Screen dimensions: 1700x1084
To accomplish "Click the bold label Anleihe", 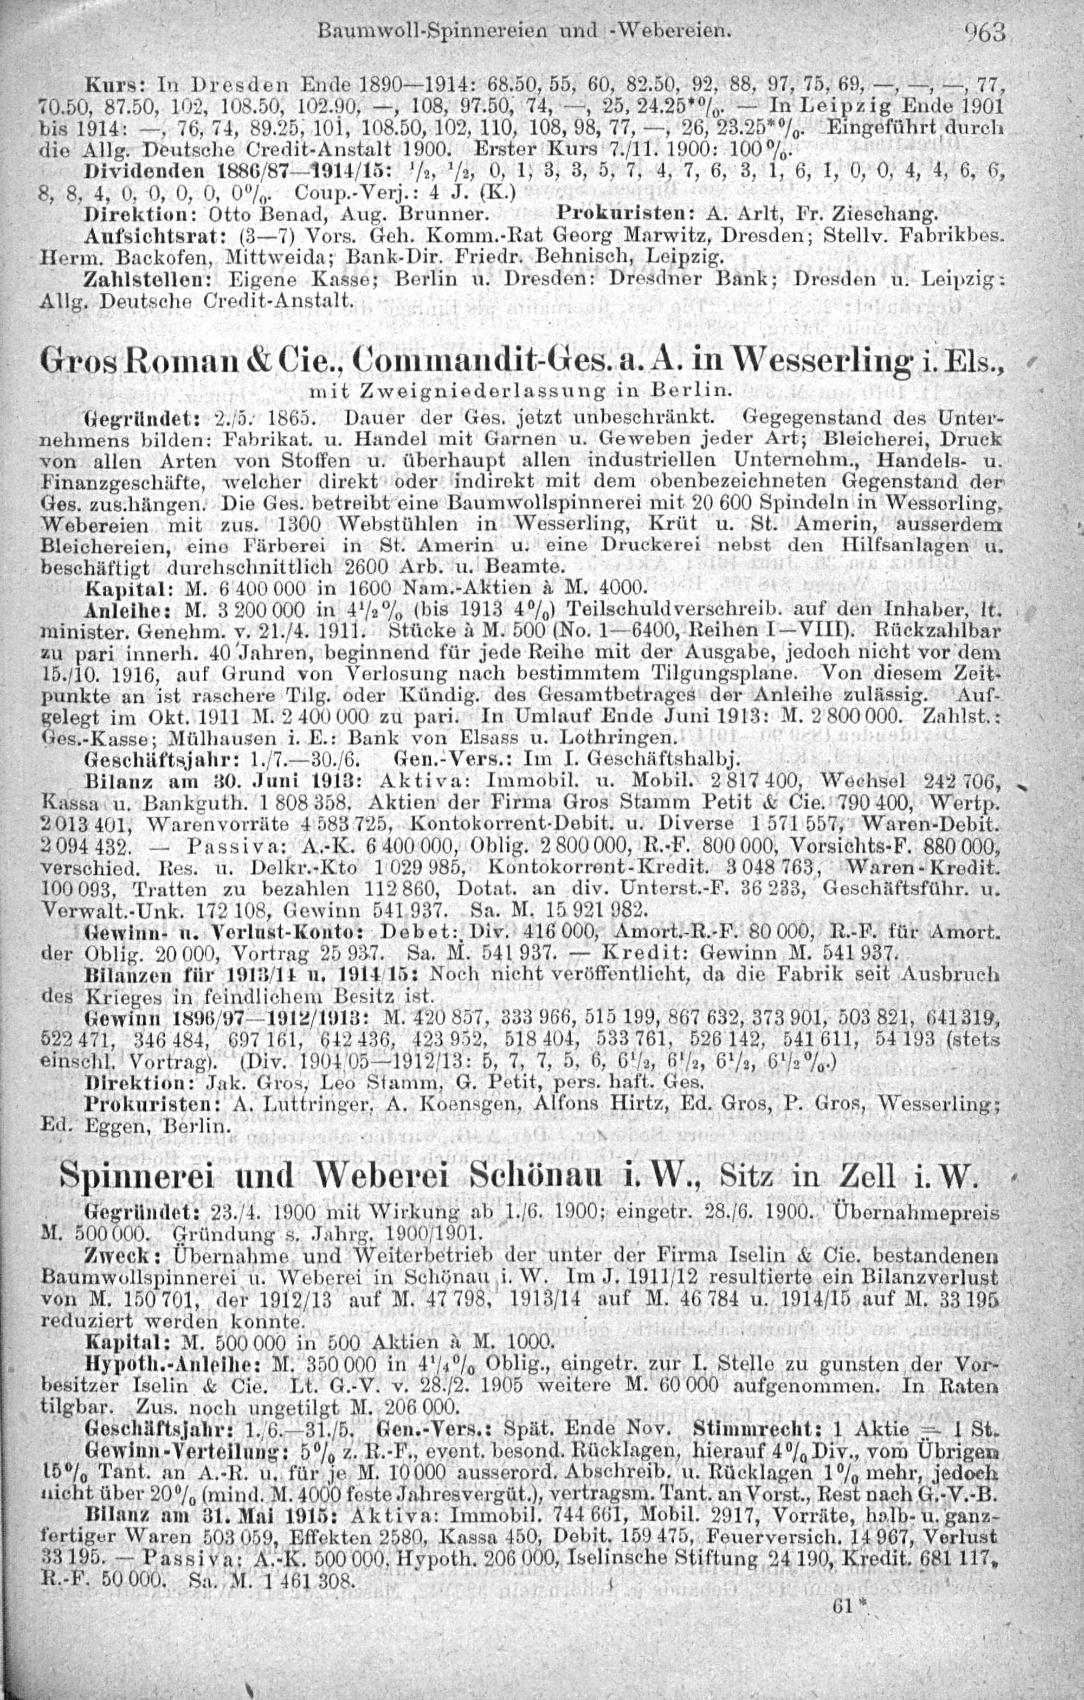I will click(x=117, y=608).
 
